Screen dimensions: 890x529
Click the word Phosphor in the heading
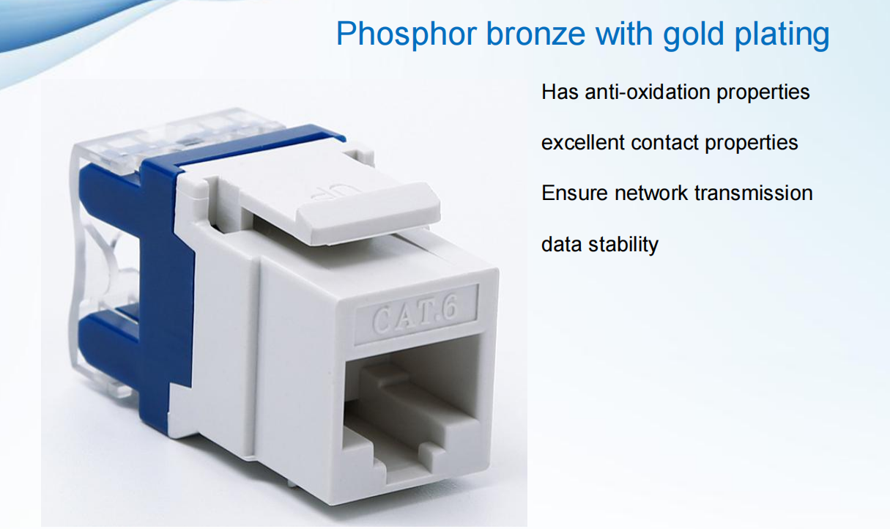point(406,34)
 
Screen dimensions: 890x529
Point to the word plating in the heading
point(782,34)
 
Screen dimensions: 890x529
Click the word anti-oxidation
point(648,92)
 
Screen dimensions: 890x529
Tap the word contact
point(664,143)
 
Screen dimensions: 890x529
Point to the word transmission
point(754,193)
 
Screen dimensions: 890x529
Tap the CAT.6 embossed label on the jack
point(415,315)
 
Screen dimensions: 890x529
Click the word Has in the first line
point(560,92)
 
